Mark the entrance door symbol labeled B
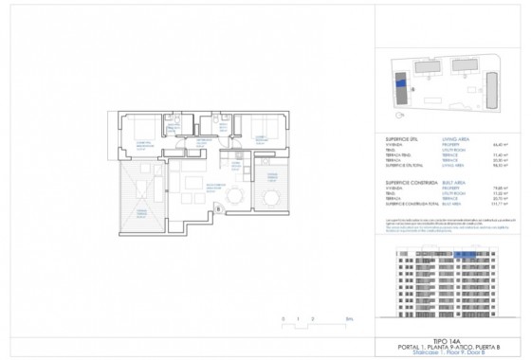pyautogui.click(x=219, y=209)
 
